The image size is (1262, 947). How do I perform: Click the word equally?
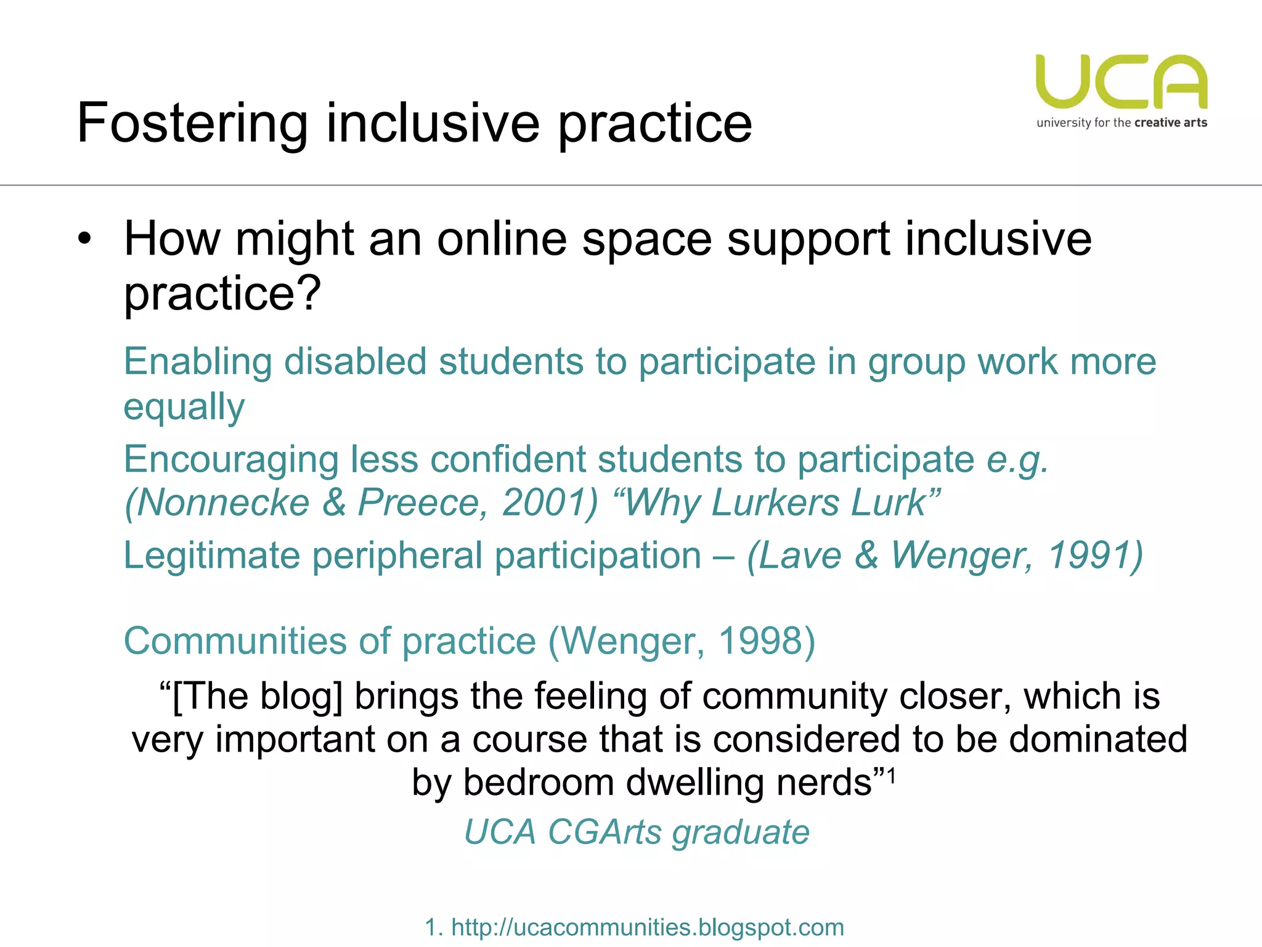[x=184, y=407]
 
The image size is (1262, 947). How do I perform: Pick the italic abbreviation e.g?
[x=1017, y=460]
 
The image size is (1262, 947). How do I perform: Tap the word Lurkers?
[x=775, y=503]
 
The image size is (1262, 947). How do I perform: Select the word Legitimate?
[x=211, y=555]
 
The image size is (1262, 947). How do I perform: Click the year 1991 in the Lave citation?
[x=1094, y=555]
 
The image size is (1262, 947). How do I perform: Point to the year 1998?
[x=767, y=641]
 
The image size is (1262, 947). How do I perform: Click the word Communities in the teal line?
[x=235, y=641]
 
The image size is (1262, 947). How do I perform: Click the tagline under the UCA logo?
[x=1122, y=123]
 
